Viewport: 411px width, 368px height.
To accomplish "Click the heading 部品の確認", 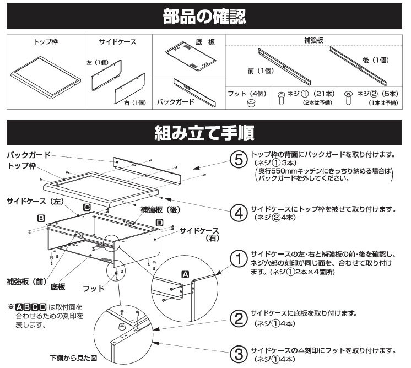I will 205,17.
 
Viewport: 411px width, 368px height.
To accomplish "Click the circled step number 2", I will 238,318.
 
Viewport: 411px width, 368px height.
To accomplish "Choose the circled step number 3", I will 238,353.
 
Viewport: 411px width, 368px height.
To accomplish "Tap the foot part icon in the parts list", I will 251,102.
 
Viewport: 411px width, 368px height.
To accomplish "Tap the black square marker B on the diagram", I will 41,218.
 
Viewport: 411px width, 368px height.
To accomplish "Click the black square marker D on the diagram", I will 159,222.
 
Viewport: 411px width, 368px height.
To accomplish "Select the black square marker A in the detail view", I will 185,274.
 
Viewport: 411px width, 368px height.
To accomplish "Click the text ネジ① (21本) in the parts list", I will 305,94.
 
